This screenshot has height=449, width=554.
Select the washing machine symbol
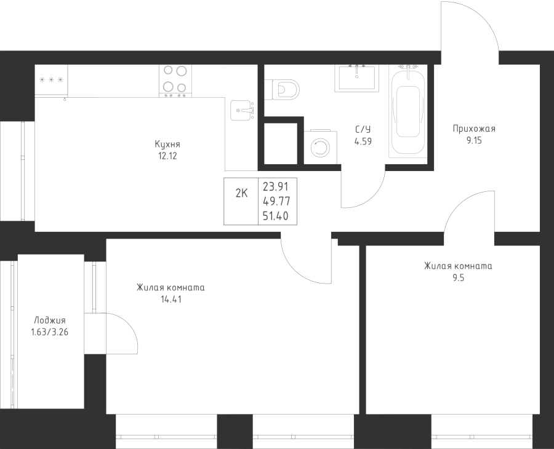320,148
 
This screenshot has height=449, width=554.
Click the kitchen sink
243,111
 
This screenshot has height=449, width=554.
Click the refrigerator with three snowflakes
51,80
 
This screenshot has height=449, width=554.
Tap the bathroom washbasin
357,77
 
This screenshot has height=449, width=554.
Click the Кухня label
167,144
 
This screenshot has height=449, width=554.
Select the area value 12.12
167,156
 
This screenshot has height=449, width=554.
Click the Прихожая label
474,129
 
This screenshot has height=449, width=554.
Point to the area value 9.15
474,140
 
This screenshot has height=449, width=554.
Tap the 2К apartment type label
242,193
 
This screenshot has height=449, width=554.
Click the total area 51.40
276,216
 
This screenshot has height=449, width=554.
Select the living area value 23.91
276,186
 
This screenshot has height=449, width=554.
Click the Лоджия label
50,320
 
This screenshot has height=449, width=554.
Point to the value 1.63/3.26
50,332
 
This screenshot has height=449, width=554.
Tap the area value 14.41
171,300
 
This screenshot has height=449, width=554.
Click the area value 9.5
458,278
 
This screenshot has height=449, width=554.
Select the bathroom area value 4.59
363,141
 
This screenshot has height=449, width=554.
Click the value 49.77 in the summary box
276,201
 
